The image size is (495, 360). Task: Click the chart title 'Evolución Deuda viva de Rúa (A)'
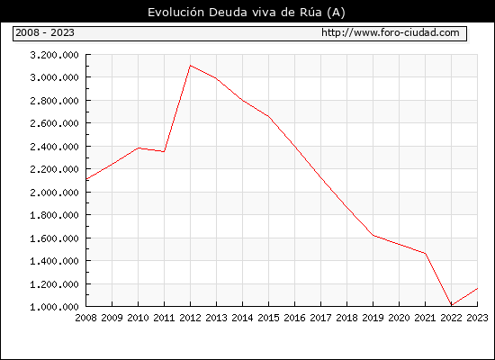[247, 13]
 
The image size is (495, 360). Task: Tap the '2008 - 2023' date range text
[45, 32]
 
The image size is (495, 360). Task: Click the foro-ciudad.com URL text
[391, 32]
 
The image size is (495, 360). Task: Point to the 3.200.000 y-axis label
[54, 55]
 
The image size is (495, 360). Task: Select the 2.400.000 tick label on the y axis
[54, 147]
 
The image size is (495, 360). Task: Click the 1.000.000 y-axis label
[54, 307]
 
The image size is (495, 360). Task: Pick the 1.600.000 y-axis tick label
[54, 238]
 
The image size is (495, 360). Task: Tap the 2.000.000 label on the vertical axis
[54, 193]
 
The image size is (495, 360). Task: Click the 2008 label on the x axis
[85, 318]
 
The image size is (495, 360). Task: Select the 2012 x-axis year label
[191, 318]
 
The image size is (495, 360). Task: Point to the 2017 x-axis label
[320, 318]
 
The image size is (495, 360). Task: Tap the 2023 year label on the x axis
[477, 318]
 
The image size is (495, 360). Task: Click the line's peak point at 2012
[191, 66]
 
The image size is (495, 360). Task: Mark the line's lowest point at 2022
[452, 305]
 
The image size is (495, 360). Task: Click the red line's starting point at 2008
[86, 179]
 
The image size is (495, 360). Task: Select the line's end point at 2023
[477, 288]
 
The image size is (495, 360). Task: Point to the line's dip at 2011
[164, 151]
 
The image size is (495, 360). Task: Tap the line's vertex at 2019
[373, 235]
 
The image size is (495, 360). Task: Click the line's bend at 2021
[425, 253]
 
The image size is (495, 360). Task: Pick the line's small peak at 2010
[139, 148]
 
